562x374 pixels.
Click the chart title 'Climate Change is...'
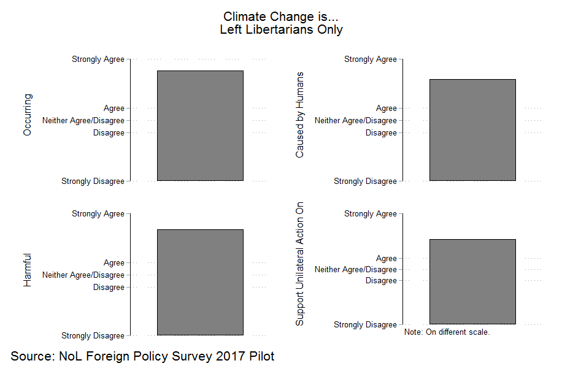(281, 17)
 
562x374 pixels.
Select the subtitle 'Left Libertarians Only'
(281, 29)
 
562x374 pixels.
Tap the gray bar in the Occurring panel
(200, 126)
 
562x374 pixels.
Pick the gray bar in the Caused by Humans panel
(472, 130)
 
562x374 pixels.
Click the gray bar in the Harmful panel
(200, 282)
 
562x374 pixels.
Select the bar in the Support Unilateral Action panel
(472, 281)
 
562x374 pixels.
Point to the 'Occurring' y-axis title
(27, 115)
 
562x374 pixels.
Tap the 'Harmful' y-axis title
(27, 270)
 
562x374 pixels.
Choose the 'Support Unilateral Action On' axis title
(299, 264)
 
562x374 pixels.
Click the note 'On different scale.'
(447, 332)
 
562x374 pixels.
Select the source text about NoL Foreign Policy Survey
(142, 356)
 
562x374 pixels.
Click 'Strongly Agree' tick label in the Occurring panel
(98, 59)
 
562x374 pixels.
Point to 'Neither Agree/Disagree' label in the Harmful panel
(83, 275)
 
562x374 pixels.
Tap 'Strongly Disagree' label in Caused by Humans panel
(365, 181)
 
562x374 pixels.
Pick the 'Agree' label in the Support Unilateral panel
(387, 259)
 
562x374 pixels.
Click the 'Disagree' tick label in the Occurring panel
(109, 133)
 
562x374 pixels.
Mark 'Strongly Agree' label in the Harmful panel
(98, 214)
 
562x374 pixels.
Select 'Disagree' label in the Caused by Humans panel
(381, 133)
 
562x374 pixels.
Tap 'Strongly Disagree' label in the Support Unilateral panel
(365, 324)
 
